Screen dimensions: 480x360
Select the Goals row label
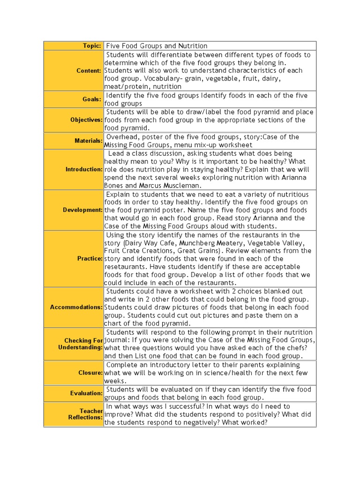tap(92, 99)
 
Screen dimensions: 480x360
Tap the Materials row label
tap(88, 141)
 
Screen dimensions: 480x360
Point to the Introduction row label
tap(84, 169)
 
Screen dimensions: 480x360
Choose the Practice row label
tap(90, 259)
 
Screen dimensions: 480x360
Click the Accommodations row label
tap(76, 307)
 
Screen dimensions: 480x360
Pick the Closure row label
tap(90, 373)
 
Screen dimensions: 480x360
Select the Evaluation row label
tap(86, 393)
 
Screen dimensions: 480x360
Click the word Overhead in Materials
tap(121, 137)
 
